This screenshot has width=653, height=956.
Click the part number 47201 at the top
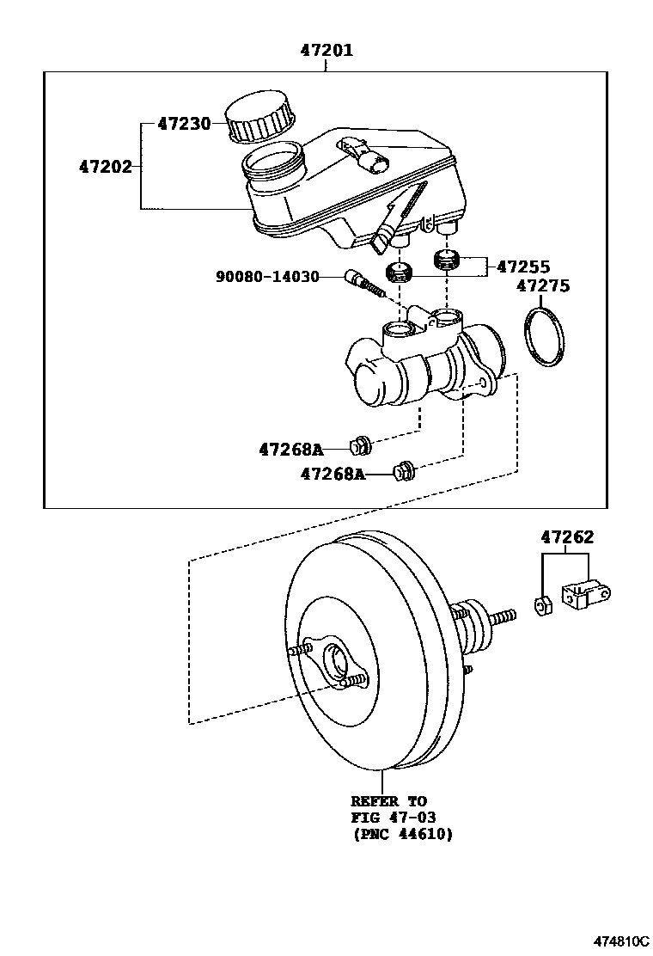(x=326, y=51)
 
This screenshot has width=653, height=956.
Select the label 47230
(x=184, y=124)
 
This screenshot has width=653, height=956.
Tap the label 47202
(x=106, y=167)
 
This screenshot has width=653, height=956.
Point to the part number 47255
(x=522, y=267)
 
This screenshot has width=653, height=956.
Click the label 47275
(x=542, y=285)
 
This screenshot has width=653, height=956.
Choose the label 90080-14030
(x=267, y=277)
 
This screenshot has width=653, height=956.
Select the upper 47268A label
(x=290, y=449)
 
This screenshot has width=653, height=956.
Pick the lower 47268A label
(x=333, y=473)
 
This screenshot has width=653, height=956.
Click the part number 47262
(x=567, y=537)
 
